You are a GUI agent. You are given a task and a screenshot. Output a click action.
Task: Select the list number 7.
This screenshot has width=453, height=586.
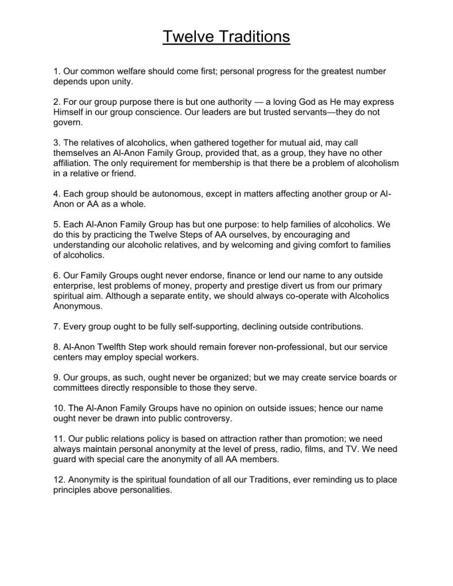56,327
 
